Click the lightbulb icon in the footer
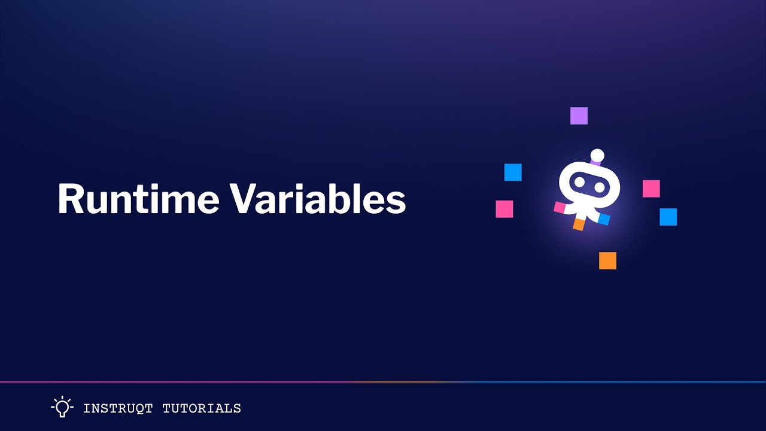coord(62,407)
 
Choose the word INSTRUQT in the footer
coord(117,409)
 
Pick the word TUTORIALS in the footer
coord(202,409)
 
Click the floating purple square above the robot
coord(579,116)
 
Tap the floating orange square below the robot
coord(607,260)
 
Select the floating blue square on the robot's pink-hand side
coord(513,172)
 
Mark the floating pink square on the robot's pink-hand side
coord(504,209)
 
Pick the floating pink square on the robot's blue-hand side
coord(651,189)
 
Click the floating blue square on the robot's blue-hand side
coord(668,217)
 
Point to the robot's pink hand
coord(560,207)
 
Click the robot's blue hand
coord(604,219)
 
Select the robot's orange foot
coord(579,224)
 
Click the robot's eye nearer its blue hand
coord(600,187)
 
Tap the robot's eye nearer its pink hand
coord(579,182)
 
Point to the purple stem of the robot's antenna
coord(595,163)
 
